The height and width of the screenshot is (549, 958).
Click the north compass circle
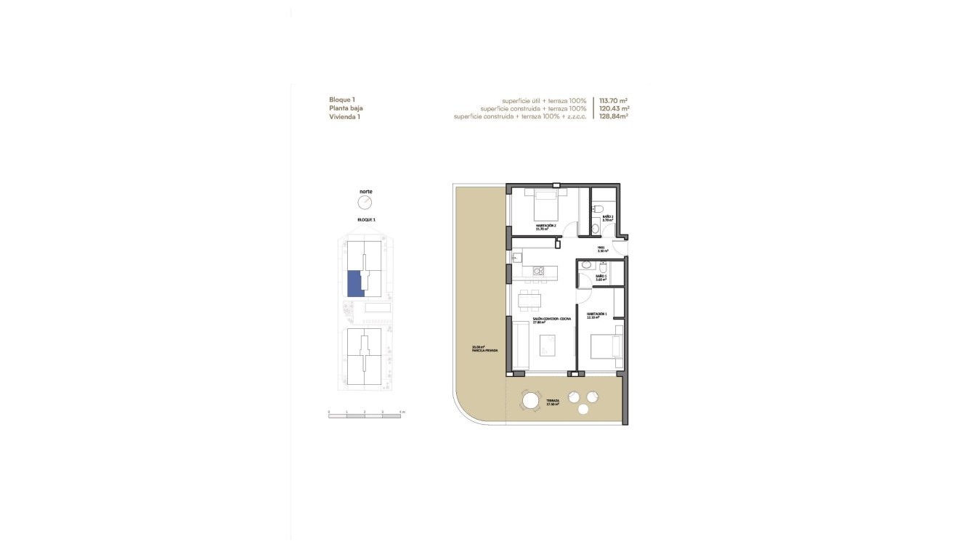[x=365, y=202]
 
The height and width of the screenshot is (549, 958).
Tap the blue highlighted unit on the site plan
[x=356, y=283]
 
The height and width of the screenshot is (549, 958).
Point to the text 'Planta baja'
[x=346, y=107]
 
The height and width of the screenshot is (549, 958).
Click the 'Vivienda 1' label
[x=344, y=115]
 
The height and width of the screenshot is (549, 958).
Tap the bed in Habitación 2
[x=546, y=206]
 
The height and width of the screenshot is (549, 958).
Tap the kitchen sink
[x=517, y=257]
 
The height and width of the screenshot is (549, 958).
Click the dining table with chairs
[x=529, y=299]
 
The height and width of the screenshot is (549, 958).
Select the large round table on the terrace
[x=530, y=400]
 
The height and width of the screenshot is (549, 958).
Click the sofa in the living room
[x=520, y=346]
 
